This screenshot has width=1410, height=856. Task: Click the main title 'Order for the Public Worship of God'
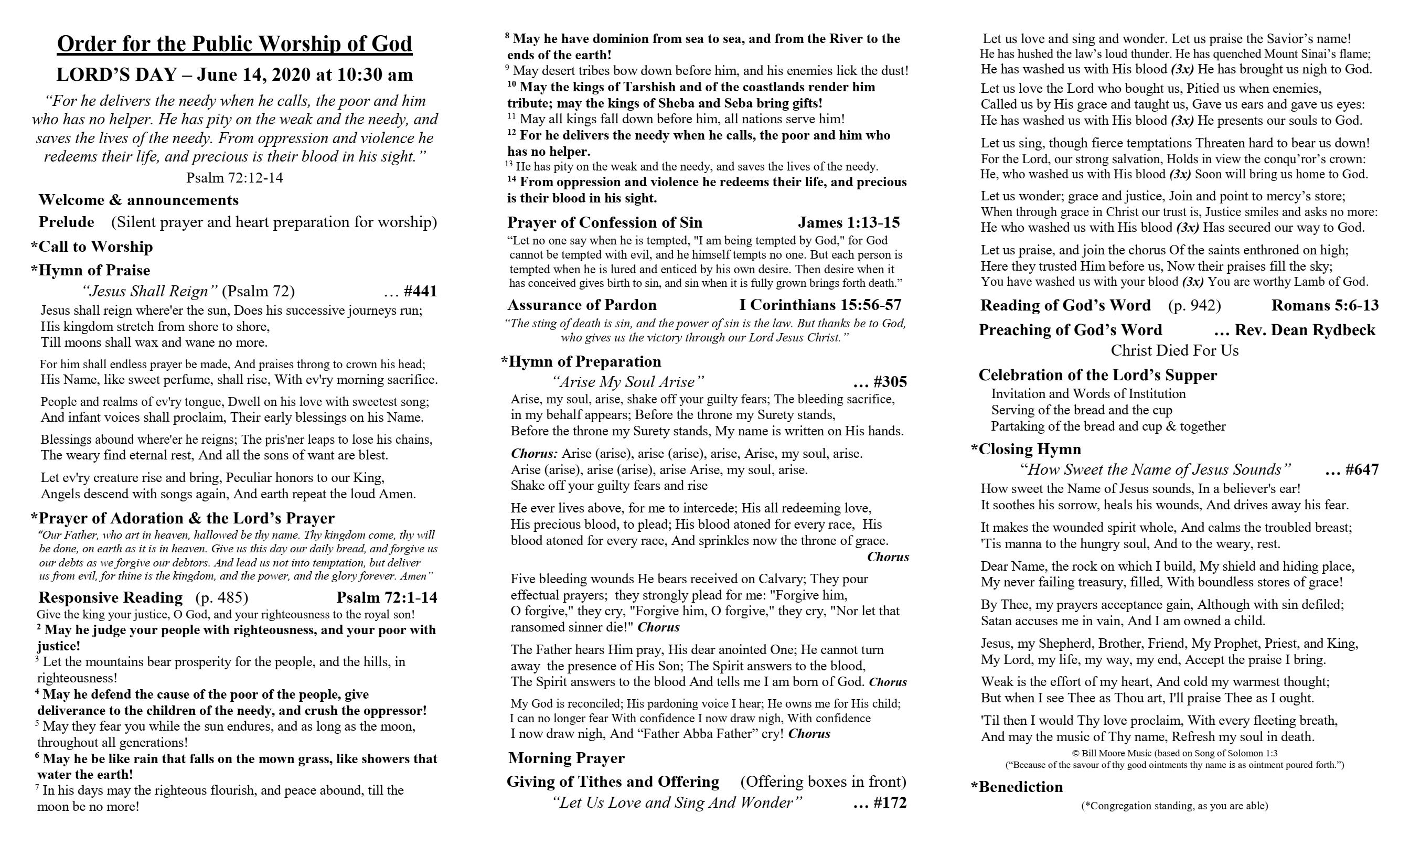tap(234, 44)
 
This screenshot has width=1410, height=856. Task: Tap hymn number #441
tap(420, 291)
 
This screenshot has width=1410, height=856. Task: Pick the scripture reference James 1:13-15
tap(849, 222)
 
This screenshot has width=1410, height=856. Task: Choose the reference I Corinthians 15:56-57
tap(820, 304)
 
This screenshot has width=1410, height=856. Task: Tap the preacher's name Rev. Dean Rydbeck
tap(1305, 329)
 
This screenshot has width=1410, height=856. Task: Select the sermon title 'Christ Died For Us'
tap(1174, 350)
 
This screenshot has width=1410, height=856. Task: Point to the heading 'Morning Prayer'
tap(566, 757)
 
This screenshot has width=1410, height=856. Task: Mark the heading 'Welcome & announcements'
tap(138, 200)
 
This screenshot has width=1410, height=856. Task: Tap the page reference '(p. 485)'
tap(221, 597)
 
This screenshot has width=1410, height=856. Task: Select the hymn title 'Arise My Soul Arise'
tap(628, 382)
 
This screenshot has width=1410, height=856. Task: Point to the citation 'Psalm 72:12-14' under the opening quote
tap(234, 178)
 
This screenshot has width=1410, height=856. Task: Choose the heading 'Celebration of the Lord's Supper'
tap(1097, 375)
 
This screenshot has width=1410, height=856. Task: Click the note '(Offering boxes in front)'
tap(823, 781)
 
